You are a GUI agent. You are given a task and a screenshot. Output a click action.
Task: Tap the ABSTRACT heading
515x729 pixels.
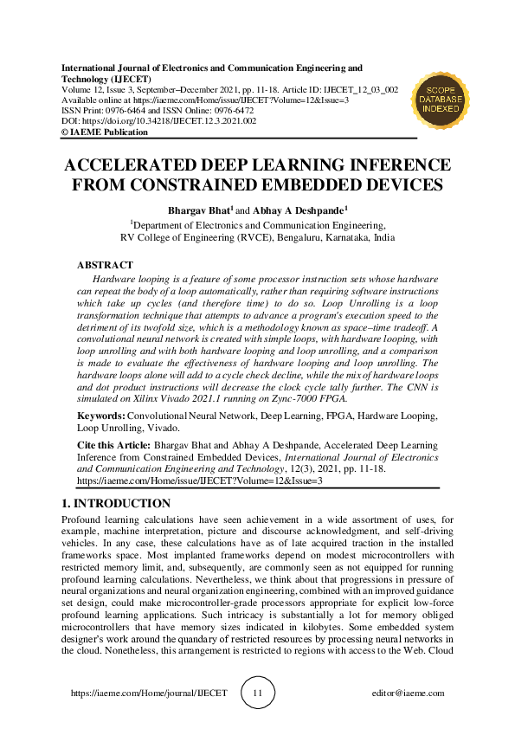pos(105,264)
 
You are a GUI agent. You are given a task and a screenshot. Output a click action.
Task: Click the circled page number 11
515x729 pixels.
pos(257,693)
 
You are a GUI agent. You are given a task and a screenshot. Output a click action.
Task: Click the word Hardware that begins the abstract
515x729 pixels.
pos(114,281)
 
